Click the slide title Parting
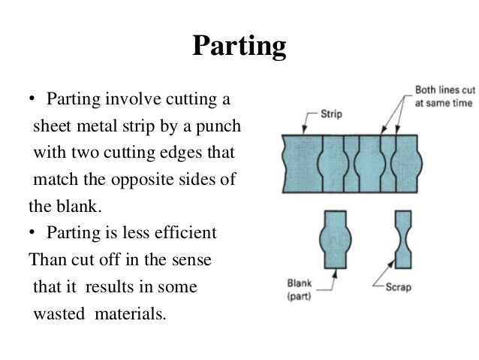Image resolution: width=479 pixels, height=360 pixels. (239, 47)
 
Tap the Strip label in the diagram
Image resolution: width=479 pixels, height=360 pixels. (332, 115)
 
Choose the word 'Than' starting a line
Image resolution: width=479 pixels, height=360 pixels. (45, 260)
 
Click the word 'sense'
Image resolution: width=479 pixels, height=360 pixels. (192, 260)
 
